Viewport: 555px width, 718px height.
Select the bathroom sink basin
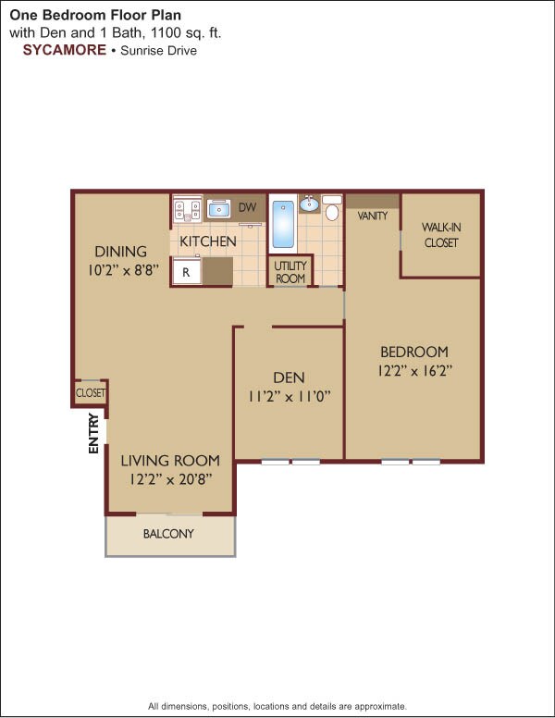tap(309, 204)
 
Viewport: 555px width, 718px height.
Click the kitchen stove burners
tap(188, 210)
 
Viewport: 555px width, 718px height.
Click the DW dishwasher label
tap(247, 207)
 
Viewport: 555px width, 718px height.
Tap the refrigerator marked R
tap(186, 272)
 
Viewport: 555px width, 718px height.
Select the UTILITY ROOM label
tap(290, 273)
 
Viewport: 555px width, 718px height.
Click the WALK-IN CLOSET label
tap(441, 235)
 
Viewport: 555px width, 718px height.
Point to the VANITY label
tap(372, 216)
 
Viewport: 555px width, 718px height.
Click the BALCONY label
tap(168, 534)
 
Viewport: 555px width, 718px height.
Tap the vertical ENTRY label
tap(93, 432)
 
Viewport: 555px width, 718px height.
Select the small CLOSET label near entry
tap(91, 393)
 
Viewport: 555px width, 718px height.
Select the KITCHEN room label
tap(208, 241)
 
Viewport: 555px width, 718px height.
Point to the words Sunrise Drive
tap(158, 50)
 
